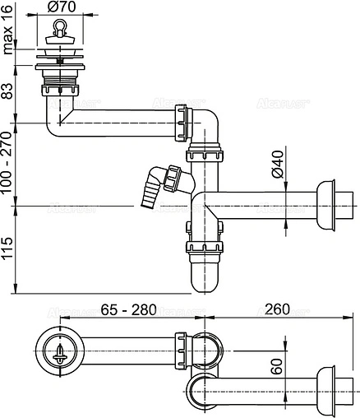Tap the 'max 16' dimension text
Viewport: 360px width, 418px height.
[8, 36]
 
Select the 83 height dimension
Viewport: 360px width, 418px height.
[8, 89]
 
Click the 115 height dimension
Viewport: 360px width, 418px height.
[8, 246]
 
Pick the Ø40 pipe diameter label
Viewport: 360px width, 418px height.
[278, 165]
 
